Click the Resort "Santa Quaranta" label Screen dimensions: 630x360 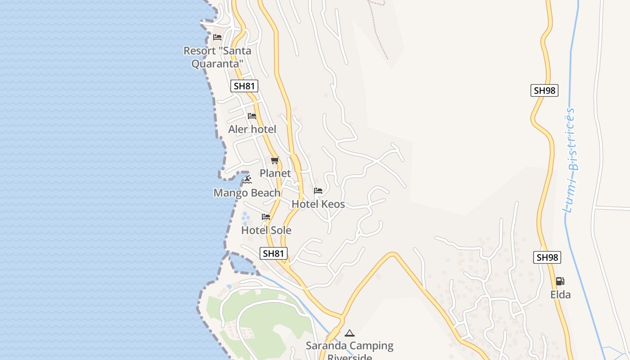tap(217, 57)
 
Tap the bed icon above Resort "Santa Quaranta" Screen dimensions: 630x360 tap(218, 37)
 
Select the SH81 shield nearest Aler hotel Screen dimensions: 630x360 tap(244, 86)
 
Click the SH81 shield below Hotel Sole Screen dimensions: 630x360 tap(274, 253)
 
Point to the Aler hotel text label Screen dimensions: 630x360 tap(252, 130)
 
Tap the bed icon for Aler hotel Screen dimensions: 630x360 tap(252, 116)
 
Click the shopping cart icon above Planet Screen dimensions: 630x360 tap(275, 160)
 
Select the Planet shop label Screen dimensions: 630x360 tap(275, 173)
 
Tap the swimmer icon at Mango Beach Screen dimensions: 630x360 tap(247, 180)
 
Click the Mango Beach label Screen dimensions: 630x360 tap(247, 193)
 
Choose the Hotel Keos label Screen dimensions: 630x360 tap(318, 204)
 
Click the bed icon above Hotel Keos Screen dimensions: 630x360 tap(318, 191)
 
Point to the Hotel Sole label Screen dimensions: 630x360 tap(266, 230)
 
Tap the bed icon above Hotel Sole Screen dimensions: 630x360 tap(266, 217)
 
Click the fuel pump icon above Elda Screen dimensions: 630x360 tap(560, 281)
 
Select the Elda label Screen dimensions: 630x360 tap(561, 295)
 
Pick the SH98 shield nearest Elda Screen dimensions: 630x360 tap(548, 257)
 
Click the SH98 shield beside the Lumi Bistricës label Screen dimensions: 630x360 tap(544, 90)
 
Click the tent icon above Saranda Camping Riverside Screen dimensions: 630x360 tap(350, 333)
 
